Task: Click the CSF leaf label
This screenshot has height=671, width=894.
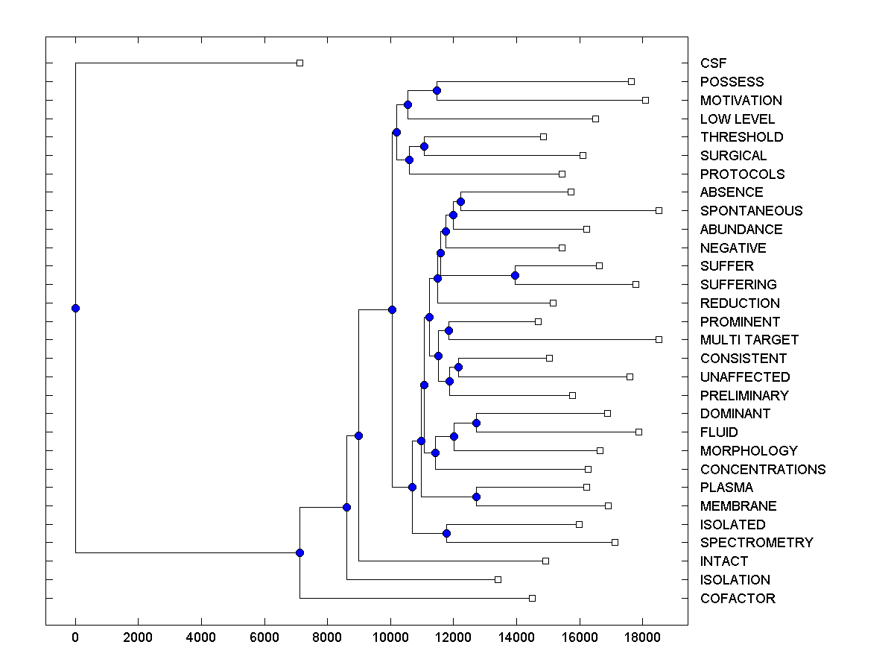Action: pyautogui.click(x=713, y=63)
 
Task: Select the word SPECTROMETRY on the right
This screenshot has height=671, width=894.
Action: pyautogui.click(x=756, y=543)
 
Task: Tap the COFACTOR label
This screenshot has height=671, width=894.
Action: pyautogui.click(x=738, y=599)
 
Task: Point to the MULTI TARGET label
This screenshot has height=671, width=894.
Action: pyautogui.click(x=749, y=340)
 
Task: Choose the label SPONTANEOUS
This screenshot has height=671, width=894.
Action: pyautogui.click(x=751, y=211)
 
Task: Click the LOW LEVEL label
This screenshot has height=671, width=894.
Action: pyautogui.click(x=737, y=119)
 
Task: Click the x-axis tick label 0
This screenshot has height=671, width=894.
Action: pyautogui.click(x=75, y=637)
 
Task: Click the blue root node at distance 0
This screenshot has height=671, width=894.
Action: pyautogui.click(x=75, y=308)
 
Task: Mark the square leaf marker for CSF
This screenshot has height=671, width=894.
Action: pyautogui.click(x=299, y=63)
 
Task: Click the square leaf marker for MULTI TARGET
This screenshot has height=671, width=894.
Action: pyautogui.click(x=659, y=339)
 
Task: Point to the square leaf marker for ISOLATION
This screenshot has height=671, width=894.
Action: pyautogui.click(x=498, y=579)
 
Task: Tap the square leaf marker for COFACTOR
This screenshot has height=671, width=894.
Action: pyautogui.click(x=532, y=598)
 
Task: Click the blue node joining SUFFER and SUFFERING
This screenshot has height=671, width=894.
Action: pyautogui.click(x=515, y=276)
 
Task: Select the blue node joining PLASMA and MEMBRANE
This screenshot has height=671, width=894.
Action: pyautogui.click(x=476, y=497)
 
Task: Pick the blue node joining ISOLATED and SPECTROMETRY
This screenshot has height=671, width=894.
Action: pyautogui.click(x=446, y=533)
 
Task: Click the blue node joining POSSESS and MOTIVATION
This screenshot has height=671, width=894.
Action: pyautogui.click(x=437, y=90)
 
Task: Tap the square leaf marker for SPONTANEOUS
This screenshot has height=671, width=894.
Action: pyautogui.click(x=659, y=210)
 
